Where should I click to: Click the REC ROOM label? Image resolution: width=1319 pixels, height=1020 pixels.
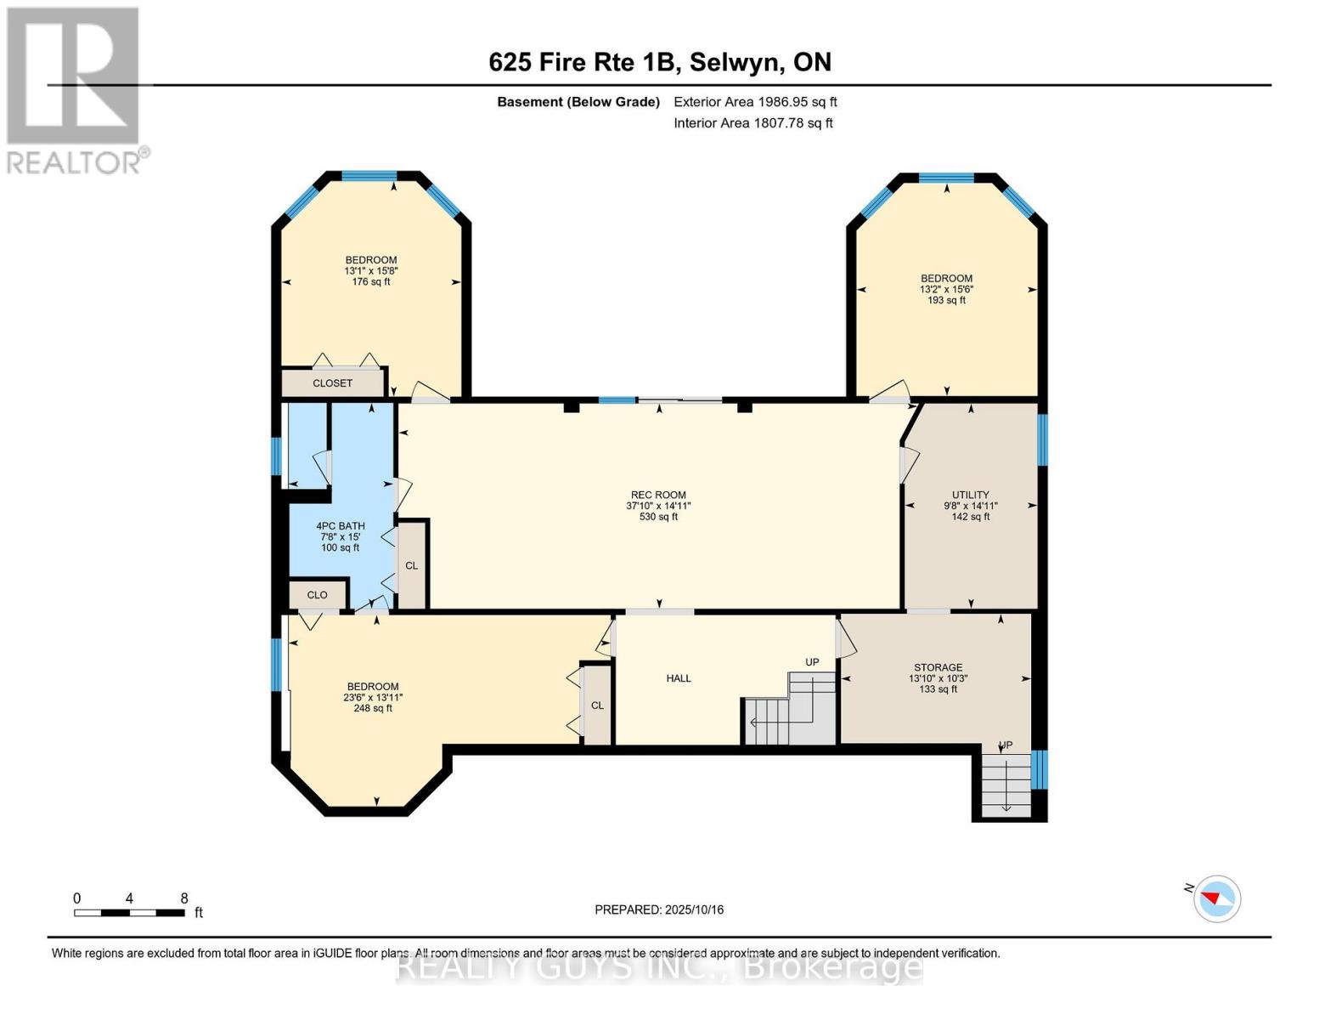coord(658,495)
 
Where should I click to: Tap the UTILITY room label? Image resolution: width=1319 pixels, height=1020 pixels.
coord(970,495)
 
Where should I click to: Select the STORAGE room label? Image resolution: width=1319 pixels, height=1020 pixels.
coord(938,667)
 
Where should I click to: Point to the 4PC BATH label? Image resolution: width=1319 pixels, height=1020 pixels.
coord(340,526)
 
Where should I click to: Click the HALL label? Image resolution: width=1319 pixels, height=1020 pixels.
coord(679,678)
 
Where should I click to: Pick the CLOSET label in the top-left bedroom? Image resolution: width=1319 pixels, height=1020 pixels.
coord(332,383)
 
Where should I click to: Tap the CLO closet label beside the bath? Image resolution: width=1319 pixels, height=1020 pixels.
coord(317,595)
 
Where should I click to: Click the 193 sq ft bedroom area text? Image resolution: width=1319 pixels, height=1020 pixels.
coord(946,300)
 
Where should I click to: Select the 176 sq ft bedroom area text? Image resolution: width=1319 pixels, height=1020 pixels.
coord(371,281)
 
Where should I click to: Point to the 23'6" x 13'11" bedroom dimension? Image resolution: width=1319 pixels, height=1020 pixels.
coord(373,697)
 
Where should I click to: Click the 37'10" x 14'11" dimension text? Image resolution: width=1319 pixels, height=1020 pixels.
coord(658,506)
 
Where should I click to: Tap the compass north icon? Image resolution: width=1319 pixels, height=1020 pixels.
coord(1216,898)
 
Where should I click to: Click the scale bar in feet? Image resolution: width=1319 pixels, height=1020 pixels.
coord(129,912)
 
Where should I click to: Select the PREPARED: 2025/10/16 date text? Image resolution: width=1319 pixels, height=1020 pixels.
coord(659,909)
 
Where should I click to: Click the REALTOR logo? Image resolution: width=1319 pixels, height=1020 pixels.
coord(74,89)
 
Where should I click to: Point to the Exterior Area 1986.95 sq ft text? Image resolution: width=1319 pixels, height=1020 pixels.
coord(755,102)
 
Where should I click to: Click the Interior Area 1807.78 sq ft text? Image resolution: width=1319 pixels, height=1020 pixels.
coord(753,123)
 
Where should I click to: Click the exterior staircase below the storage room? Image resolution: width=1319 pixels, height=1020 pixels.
coord(1006,784)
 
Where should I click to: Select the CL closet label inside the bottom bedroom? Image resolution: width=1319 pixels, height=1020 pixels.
coord(597,705)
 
